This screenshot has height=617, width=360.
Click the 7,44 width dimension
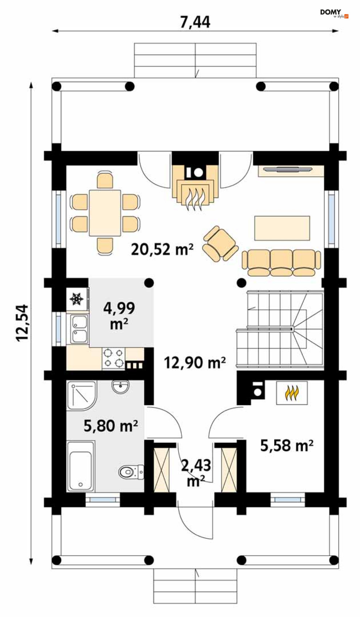click(195, 22)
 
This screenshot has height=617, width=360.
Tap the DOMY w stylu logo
click(334, 13)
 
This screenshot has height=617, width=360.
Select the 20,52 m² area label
click(162, 250)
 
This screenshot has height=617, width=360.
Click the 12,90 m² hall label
click(195, 362)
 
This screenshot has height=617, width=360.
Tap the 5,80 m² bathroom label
click(111, 426)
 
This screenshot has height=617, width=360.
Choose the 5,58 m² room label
click(287, 446)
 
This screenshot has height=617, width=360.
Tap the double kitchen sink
click(79, 329)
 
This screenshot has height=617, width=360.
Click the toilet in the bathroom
click(131, 472)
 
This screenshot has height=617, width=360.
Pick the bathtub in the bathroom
click(81, 466)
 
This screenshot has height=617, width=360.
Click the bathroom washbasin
click(120, 387)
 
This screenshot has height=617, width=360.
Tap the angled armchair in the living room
click(220, 243)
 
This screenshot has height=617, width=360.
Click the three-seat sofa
click(281, 263)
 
